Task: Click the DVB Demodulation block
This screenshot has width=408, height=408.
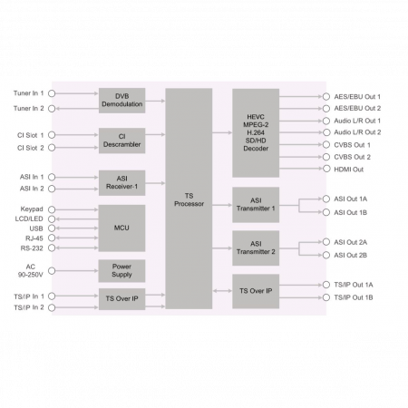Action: [x=121, y=101]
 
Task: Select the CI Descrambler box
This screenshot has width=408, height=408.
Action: [x=121, y=141]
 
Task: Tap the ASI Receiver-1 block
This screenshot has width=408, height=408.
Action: [x=121, y=183]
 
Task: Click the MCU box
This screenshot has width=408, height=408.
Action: [x=121, y=228]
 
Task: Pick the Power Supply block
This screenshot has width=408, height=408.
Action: [x=121, y=271]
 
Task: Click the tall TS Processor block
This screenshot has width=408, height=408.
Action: [x=189, y=199]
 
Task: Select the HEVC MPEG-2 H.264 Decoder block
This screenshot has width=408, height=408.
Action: [x=256, y=133]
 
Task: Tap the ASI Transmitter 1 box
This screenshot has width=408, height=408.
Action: [x=256, y=205]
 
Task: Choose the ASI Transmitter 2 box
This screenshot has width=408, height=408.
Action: [x=256, y=248]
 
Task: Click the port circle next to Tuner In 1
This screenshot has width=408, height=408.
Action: [x=52, y=93]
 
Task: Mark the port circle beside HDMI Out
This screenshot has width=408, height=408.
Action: [x=326, y=169]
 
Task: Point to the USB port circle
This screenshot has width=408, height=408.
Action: [x=52, y=228]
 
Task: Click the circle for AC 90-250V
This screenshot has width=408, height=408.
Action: [x=52, y=270]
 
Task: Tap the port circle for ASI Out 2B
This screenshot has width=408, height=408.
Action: [x=326, y=255]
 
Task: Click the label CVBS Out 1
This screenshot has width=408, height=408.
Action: [x=352, y=145]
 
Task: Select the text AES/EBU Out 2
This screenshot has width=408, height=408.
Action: [x=357, y=108]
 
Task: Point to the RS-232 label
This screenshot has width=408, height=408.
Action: [x=32, y=248]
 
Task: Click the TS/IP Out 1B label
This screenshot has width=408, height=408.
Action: [x=354, y=297]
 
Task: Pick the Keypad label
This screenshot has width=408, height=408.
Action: [x=32, y=209]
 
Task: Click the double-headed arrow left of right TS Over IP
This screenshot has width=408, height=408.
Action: [x=222, y=291]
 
